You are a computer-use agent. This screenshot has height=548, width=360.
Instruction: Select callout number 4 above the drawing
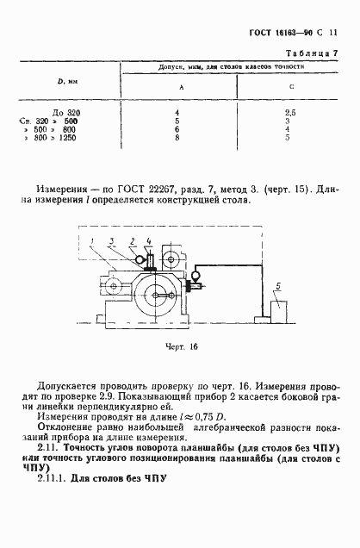point(148,239)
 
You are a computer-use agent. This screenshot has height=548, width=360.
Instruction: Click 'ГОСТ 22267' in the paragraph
point(152,188)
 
